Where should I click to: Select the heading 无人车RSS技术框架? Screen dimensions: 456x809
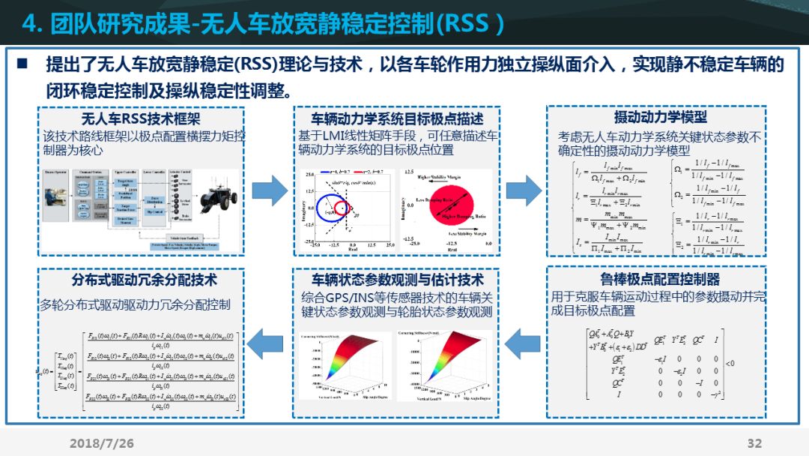point(141,118)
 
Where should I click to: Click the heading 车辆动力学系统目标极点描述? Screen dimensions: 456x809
point(397,118)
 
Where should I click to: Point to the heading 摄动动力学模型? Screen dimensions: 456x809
point(660,117)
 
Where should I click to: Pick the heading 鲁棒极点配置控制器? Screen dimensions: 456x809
point(660,279)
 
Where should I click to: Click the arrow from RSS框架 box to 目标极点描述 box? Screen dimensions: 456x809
point(269,192)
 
